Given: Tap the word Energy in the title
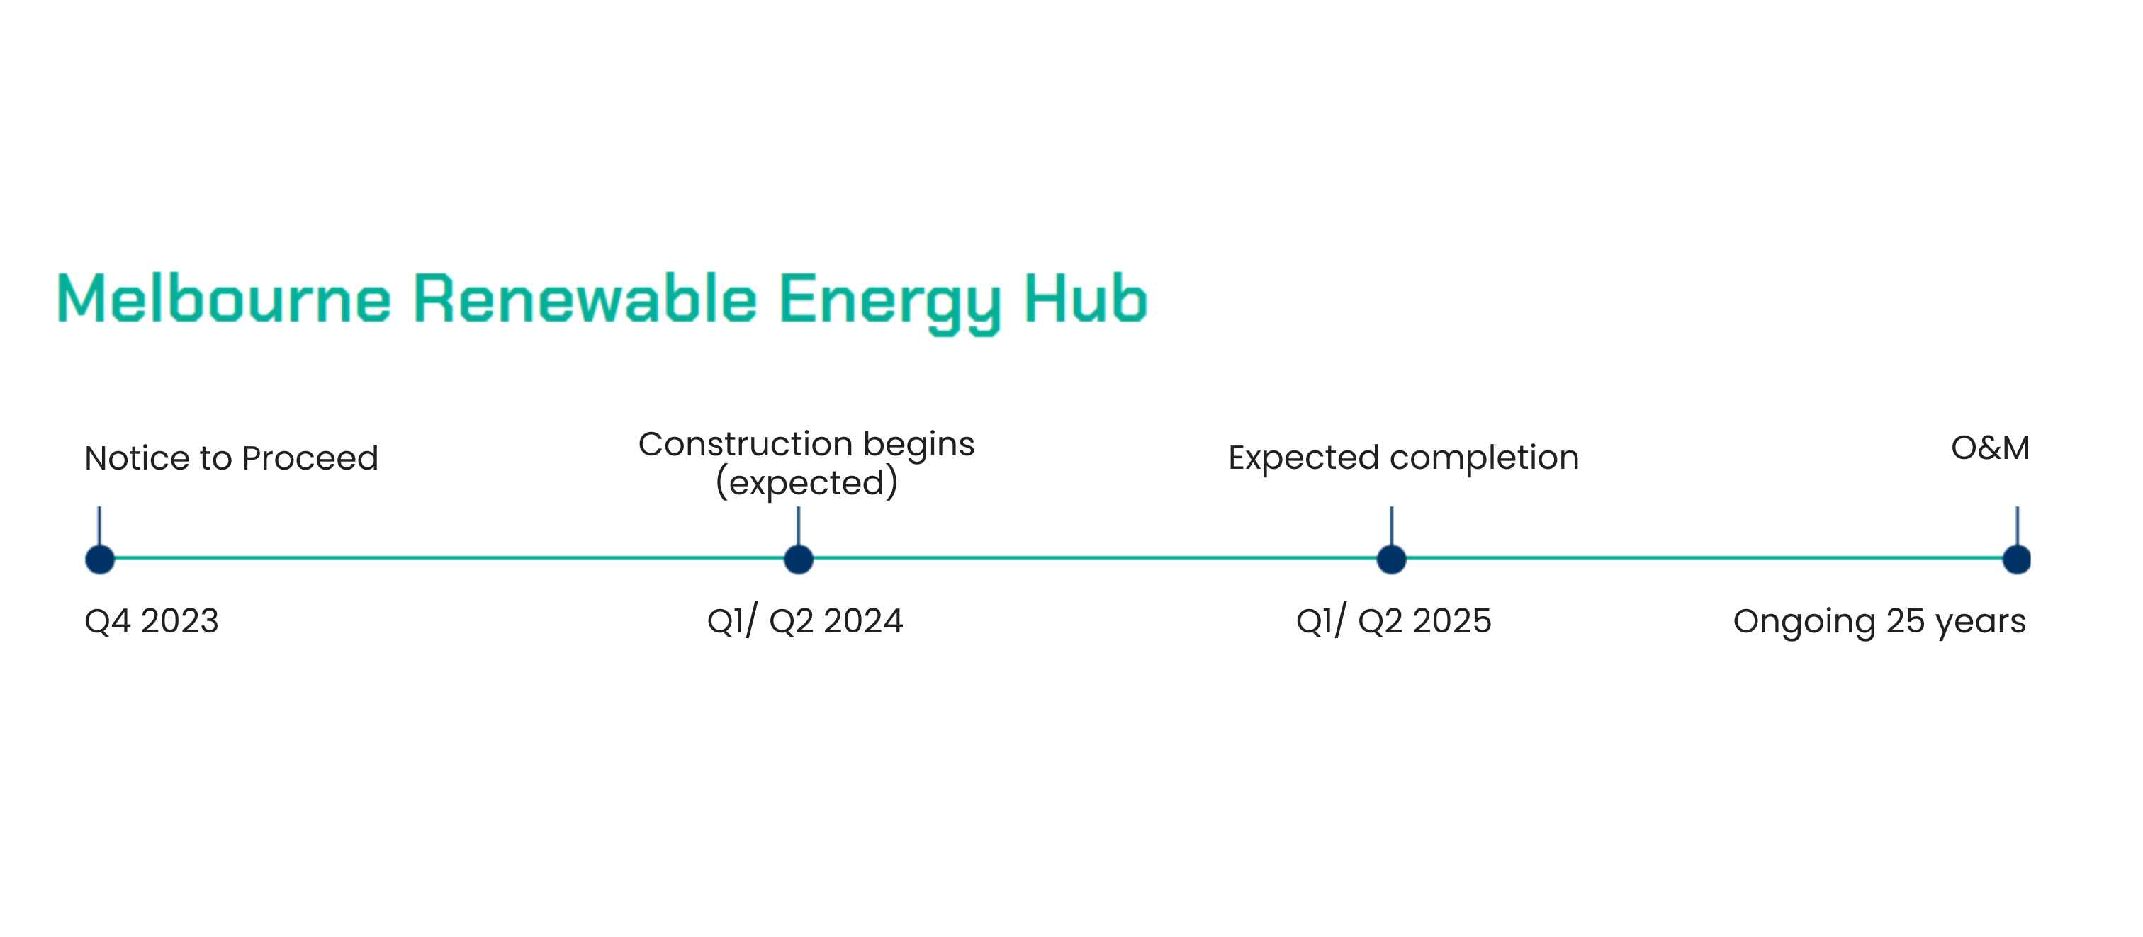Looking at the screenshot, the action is (x=889, y=303).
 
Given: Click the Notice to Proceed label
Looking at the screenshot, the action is (x=231, y=458).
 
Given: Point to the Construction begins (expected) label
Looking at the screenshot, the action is (x=806, y=463).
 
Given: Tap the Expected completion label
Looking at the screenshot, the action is (x=1403, y=458).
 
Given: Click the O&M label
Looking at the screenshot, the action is (x=1990, y=448).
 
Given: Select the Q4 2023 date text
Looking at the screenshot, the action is (x=152, y=621).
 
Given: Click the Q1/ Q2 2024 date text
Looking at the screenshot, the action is (x=804, y=621).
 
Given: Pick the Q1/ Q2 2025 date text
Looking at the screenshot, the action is (x=1393, y=621).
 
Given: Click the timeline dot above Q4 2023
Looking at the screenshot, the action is (x=100, y=560).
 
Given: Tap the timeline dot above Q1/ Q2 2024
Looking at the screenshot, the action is (x=799, y=560).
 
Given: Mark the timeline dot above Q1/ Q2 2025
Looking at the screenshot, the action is (x=1392, y=560).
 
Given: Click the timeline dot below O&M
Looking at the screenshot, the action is (x=2017, y=560).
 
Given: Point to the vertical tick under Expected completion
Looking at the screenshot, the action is (x=1392, y=526).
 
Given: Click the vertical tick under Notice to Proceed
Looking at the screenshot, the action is (x=100, y=526).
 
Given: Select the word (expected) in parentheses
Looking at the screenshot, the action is (x=807, y=483).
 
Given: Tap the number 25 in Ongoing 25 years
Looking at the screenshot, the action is (x=1905, y=621).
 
